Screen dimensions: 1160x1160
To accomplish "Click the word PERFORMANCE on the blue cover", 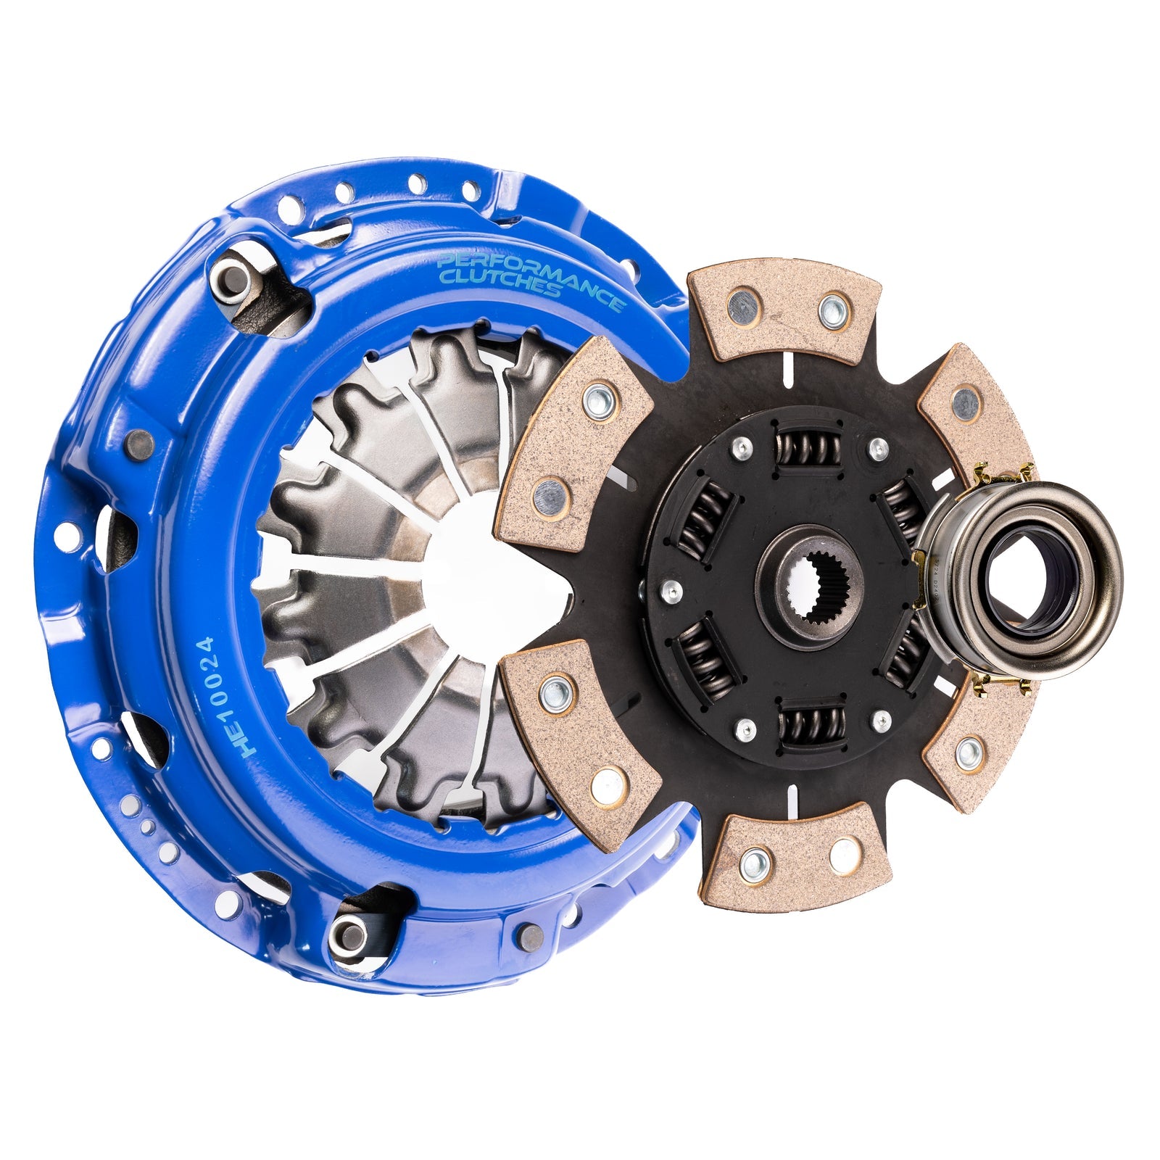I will (x=529, y=276).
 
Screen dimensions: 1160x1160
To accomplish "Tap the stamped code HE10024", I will (x=205, y=697).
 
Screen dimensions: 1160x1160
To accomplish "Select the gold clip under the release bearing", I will (x=1001, y=684).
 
